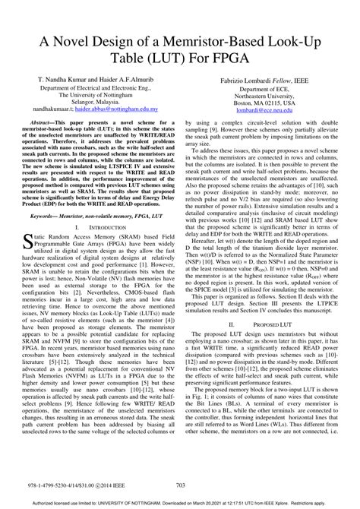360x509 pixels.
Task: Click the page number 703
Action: click(180, 485)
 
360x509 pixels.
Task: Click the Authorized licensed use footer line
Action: click(180, 503)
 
